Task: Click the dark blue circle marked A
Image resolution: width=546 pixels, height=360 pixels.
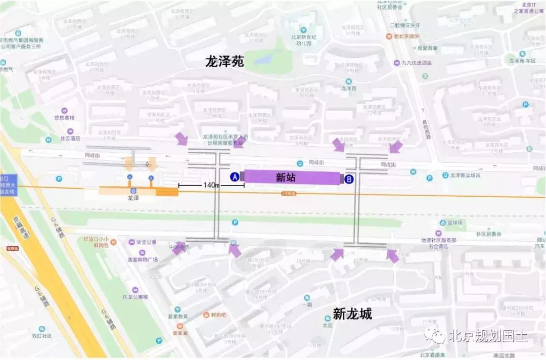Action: point(235,177)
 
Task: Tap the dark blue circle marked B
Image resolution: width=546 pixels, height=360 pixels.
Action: point(349,178)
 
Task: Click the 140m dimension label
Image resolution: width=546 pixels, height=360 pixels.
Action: point(211,186)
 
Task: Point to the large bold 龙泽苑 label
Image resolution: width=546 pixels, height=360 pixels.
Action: point(224,62)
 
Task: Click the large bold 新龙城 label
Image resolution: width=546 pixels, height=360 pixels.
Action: point(352,314)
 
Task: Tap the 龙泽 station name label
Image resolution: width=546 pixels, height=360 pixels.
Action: point(133,199)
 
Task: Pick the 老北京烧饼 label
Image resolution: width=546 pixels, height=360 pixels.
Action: point(408,36)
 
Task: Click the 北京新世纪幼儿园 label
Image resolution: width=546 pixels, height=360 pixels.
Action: point(304,40)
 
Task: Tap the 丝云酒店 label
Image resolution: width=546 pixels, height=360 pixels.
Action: point(70,138)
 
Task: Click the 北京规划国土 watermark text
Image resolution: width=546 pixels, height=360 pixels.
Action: point(487,335)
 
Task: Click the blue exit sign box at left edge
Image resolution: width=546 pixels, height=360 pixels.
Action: point(8,185)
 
